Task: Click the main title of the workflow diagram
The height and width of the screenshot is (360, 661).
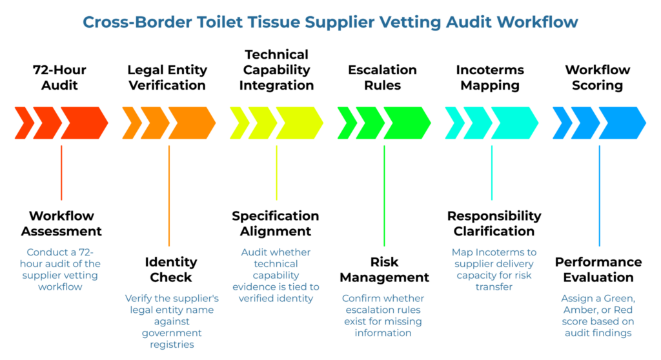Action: pyautogui.click(x=330, y=23)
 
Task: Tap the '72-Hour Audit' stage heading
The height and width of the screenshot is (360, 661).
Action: pyautogui.click(x=60, y=77)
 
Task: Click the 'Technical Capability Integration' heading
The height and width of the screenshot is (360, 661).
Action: pyautogui.click(x=276, y=70)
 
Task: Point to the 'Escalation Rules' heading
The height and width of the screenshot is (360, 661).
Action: pyautogui.click(x=383, y=77)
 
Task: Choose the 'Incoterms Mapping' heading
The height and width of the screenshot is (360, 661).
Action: pyautogui.click(x=491, y=77)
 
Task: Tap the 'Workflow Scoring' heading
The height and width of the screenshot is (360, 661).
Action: pyautogui.click(x=597, y=77)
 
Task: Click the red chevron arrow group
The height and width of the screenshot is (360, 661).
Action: pyautogui.click(x=61, y=123)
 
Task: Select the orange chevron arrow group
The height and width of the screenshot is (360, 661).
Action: pyautogui.click(x=168, y=123)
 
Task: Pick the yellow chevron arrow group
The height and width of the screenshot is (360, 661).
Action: pyautogui.click(x=276, y=123)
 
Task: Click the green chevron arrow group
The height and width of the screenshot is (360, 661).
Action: pyautogui.click(x=384, y=123)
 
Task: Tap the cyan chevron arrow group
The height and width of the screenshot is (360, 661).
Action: pyautogui.click(x=491, y=123)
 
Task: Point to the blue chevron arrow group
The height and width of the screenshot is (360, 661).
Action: pyautogui.click(x=599, y=123)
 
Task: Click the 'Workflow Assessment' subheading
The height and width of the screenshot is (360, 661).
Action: pyautogui.click(x=61, y=223)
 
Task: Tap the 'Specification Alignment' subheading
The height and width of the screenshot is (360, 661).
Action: pyautogui.click(x=276, y=223)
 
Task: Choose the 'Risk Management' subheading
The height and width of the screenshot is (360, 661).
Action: pyautogui.click(x=384, y=270)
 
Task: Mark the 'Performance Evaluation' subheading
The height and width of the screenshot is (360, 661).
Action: pyautogui.click(x=598, y=270)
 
